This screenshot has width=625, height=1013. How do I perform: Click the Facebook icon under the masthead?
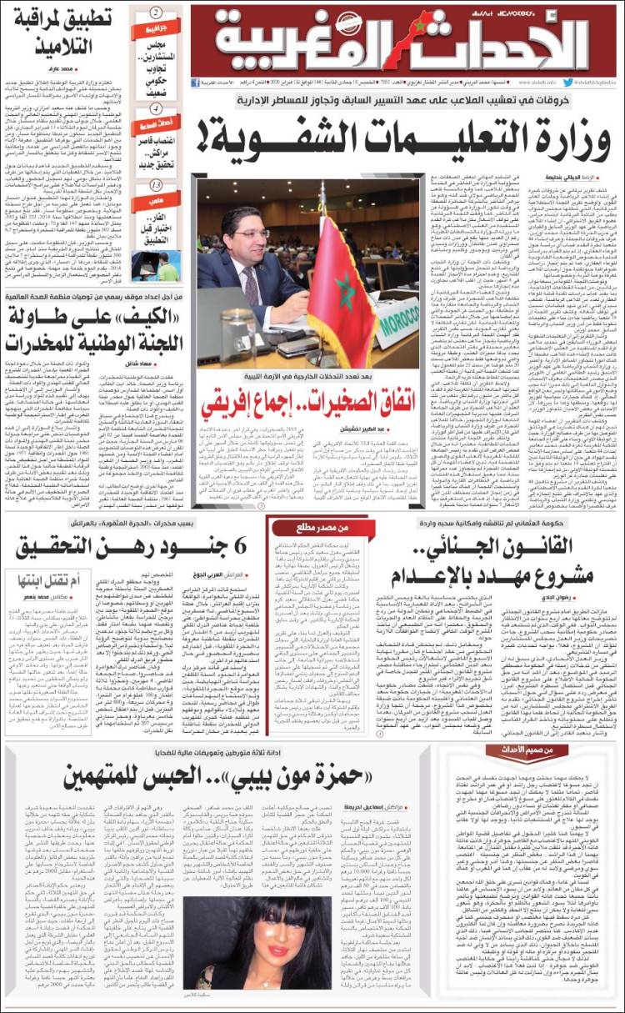(x=195, y=83)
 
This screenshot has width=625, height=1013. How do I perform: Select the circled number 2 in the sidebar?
(x=156, y=13)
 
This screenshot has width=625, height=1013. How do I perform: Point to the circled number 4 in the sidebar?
(x=156, y=108)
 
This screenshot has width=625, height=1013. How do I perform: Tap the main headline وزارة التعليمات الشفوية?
(x=404, y=131)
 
